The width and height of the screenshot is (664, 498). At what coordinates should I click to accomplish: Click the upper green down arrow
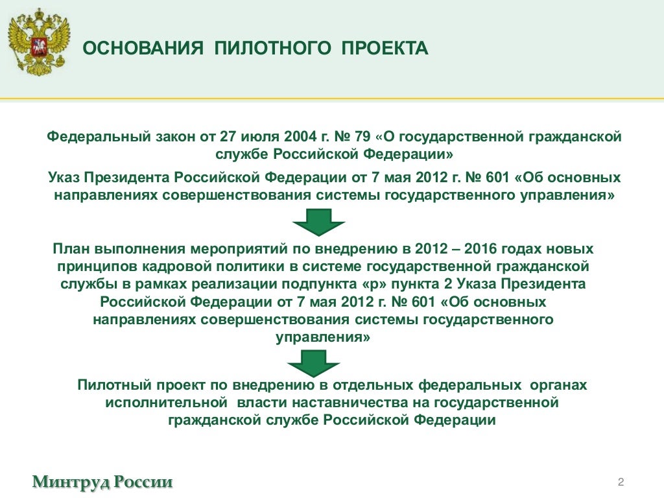click(x=319, y=222)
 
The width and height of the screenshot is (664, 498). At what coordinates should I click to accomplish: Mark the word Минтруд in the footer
click(x=71, y=482)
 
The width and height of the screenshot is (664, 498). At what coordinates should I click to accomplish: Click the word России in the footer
click(x=144, y=482)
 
